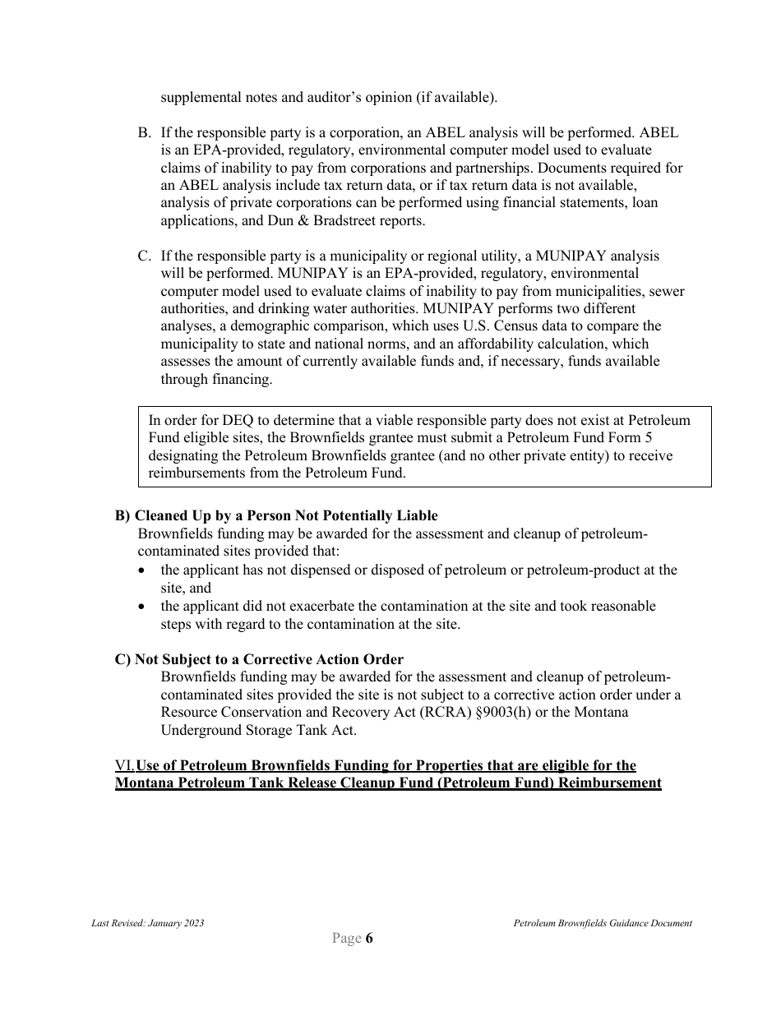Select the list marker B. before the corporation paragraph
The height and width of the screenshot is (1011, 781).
point(143,132)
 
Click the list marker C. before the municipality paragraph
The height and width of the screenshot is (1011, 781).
point(143,256)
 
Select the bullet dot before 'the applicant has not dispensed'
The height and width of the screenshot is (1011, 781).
point(143,570)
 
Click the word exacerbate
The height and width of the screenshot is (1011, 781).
point(317,606)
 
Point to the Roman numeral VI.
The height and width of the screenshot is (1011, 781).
point(124,766)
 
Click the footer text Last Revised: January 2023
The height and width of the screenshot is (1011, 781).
point(147,923)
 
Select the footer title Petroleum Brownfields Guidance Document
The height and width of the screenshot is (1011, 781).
point(603,923)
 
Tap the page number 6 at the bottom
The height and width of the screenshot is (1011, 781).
point(369,939)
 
